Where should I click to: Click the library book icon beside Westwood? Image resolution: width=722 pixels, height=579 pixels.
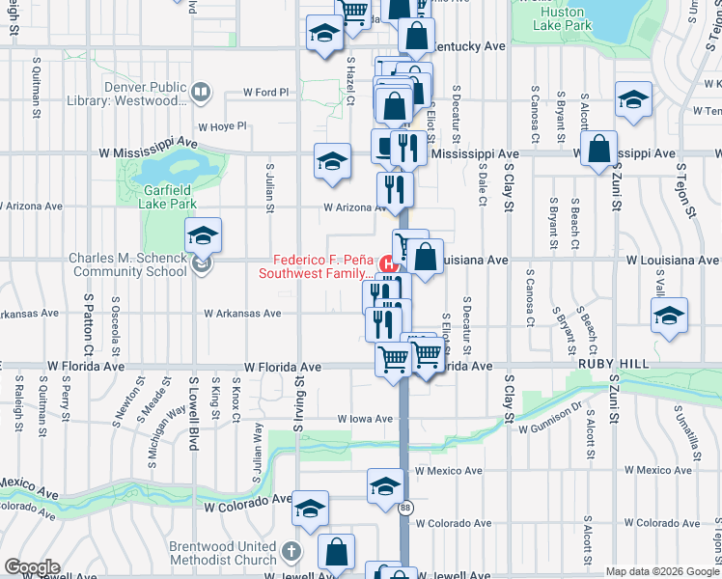(200, 94)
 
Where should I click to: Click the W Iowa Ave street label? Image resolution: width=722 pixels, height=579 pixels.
(364, 419)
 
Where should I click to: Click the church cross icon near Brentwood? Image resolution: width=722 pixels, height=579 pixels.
(293, 553)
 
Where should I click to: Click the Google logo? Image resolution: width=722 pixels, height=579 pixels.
(32, 567)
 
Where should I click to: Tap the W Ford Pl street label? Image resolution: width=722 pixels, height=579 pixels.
(266, 93)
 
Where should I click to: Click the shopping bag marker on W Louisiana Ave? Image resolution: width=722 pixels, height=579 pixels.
(425, 258)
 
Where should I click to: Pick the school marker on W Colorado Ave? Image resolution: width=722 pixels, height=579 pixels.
(310, 509)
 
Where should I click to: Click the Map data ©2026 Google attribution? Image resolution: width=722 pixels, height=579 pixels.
(662, 571)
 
